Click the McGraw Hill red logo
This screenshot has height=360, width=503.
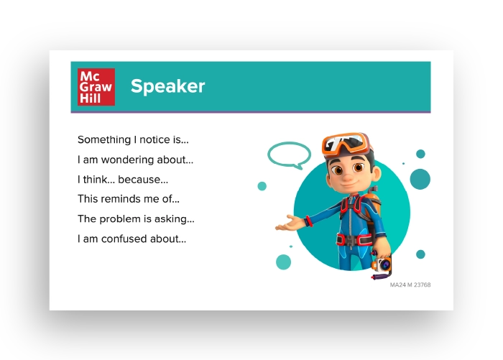96,87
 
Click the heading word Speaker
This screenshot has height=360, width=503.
167,87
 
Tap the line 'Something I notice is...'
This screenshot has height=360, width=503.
133,139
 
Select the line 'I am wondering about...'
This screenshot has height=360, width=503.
135,160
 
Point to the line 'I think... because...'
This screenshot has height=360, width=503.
123,180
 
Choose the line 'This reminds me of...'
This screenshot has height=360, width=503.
129,199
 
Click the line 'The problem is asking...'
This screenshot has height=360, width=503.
136,219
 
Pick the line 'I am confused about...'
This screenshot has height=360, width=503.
131,239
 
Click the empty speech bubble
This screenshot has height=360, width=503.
289,154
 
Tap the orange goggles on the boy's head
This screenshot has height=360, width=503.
348,144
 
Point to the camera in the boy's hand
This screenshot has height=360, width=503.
383,266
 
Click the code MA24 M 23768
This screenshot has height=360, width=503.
410,285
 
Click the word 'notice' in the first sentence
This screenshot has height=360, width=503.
157,139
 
